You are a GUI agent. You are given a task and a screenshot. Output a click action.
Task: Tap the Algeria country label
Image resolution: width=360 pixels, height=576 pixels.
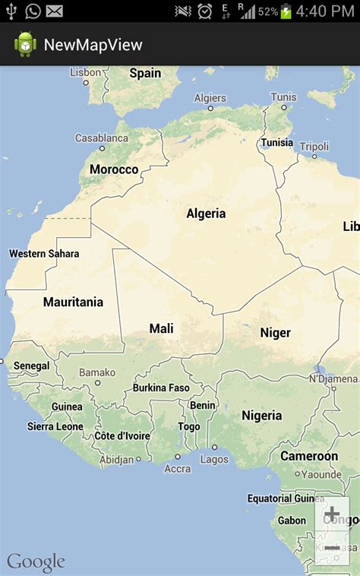coord(206,214)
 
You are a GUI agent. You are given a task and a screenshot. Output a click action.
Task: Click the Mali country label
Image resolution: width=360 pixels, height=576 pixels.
coord(161,328)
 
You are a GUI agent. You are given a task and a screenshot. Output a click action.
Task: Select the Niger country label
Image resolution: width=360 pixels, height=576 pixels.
coord(275,332)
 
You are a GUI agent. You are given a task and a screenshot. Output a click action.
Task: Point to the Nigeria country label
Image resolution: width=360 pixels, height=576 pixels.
coord(261,416)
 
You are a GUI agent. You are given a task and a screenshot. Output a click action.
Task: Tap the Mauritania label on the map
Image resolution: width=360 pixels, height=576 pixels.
coord(73,302)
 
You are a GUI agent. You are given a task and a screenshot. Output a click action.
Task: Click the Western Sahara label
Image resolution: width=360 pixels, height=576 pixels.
coord(43,253)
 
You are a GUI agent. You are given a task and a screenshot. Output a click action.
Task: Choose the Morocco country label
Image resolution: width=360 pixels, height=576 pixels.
coord(114,169)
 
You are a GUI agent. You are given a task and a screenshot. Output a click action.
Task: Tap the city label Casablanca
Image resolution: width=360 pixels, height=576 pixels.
coord(101,138)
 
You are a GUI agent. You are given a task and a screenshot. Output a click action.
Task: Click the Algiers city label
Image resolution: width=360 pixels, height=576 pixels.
coord(210,98)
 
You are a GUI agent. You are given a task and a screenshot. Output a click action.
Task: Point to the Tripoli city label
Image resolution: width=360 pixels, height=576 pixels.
coord(314,146)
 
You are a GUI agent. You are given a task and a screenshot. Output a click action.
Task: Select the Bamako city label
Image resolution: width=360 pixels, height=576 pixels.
coord(97,372)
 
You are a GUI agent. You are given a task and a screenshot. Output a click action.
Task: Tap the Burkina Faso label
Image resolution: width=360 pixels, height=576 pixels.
coord(161,388)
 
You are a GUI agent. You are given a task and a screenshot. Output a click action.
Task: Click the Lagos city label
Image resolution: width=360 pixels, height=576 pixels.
coord(214,459)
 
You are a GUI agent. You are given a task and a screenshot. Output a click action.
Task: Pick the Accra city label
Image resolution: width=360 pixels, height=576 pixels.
coord(178,469)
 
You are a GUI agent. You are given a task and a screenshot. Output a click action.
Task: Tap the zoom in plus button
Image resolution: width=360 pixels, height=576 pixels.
coord(332,515)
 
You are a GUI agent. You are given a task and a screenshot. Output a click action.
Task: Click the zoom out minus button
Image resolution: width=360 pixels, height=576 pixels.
coord(332,547)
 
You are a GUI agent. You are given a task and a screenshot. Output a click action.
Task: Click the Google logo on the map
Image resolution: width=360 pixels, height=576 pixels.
coord(36,562)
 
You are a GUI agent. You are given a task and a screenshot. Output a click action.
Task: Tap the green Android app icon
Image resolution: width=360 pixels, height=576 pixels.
coord(25,44)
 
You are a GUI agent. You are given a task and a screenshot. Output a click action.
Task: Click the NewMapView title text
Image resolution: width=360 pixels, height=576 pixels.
coord(93,45)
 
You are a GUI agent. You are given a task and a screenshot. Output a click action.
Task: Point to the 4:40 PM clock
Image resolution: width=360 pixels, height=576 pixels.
coord(326,11)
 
